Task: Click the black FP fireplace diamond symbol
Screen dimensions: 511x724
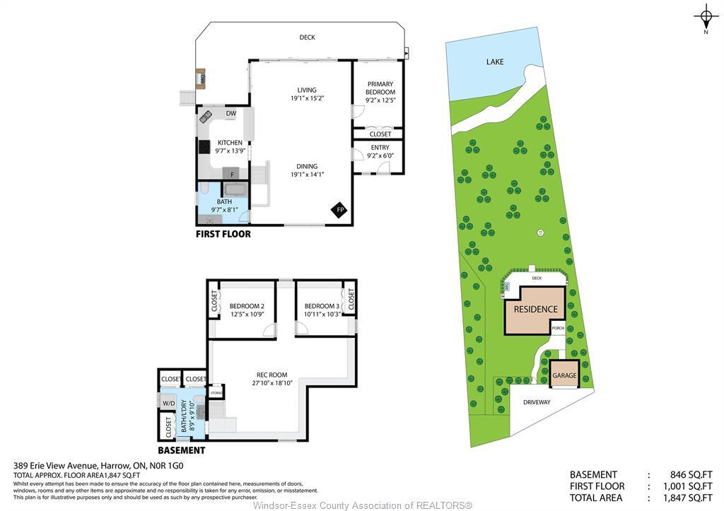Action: pyautogui.click(x=339, y=210)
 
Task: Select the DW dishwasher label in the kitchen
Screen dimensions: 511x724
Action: pyautogui.click(x=230, y=113)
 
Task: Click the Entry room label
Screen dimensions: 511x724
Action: pyautogui.click(x=380, y=147)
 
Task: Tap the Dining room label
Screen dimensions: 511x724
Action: pyautogui.click(x=307, y=166)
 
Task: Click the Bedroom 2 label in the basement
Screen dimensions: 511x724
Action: pyautogui.click(x=247, y=306)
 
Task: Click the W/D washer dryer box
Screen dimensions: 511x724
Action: pyautogui.click(x=168, y=404)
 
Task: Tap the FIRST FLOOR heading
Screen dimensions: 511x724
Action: pyautogui.click(x=223, y=234)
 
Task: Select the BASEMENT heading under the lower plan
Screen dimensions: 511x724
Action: pyautogui.click(x=181, y=450)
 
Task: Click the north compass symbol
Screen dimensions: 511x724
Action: pyautogui.click(x=706, y=16)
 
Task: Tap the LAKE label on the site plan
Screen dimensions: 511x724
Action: pyautogui.click(x=495, y=62)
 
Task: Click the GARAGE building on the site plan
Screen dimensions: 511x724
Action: pyautogui.click(x=564, y=375)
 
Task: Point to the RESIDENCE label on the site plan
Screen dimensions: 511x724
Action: pyautogui.click(x=535, y=309)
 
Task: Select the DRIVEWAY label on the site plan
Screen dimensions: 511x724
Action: pyautogui.click(x=536, y=402)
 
